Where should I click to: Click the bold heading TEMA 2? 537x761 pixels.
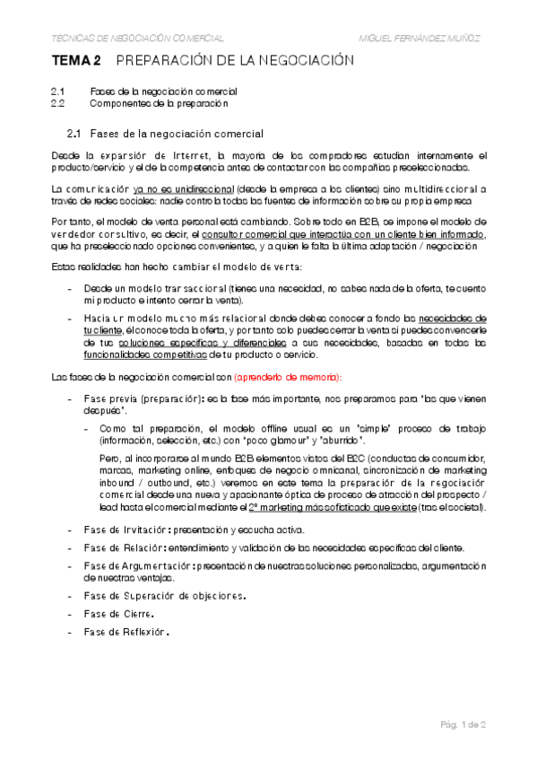point(75,62)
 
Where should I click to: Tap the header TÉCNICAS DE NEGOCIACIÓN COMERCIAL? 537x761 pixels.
point(139,39)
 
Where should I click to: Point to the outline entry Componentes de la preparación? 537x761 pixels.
point(160,103)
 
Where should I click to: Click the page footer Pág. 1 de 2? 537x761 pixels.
point(463,723)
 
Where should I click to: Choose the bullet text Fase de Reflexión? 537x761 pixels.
point(126,631)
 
